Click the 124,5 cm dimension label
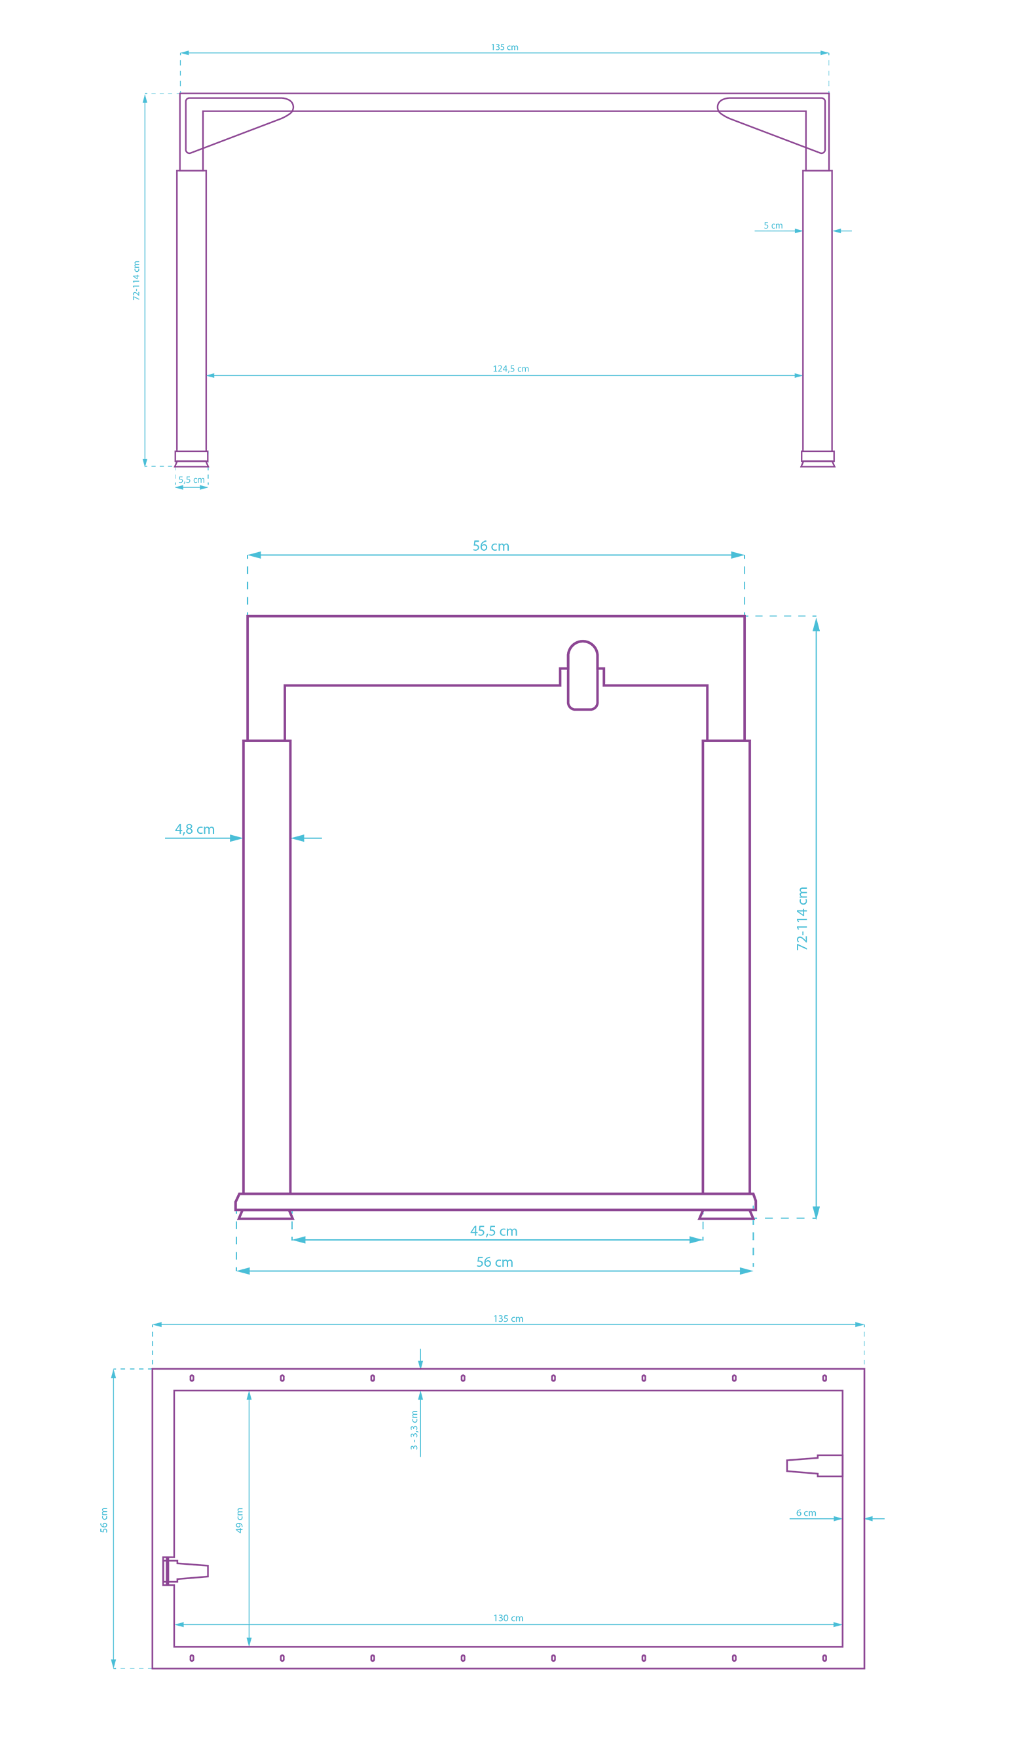tap(511, 369)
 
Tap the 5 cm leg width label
tap(773, 226)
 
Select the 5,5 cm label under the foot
tap(191, 479)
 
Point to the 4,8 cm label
tap(194, 829)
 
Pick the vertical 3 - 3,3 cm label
tap(414, 1430)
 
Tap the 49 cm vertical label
tap(240, 1520)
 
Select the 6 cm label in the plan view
tap(806, 1512)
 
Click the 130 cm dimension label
tap(508, 1618)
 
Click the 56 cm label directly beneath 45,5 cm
tap(494, 1262)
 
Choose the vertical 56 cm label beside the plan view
tap(104, 1520)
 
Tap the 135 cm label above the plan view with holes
tap(508, 1319)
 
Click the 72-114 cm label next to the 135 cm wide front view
tap(136, 280)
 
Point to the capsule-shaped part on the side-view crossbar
tap(582, 675)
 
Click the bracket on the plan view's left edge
tap(183, 1571)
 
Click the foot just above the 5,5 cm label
tap(191, 458)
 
